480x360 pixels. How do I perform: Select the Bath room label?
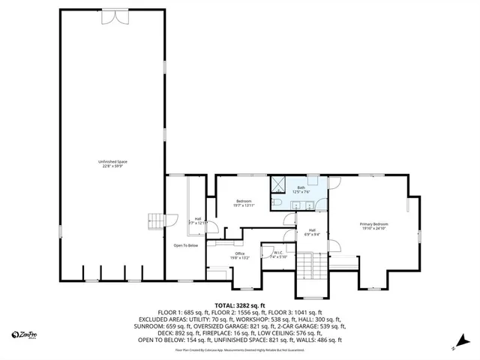pos(301,190)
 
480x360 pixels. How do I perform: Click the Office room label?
pos(239,255)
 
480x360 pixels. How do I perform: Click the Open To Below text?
pos(185,245)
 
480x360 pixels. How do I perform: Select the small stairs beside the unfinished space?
pos(155,220)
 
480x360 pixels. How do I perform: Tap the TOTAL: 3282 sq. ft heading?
pos(240,306)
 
